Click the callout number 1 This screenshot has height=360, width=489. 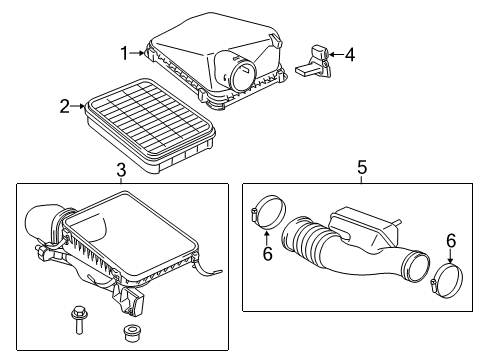coord(125,53)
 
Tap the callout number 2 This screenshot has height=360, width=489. coord(64,105)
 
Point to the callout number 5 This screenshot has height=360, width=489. coord(362,168)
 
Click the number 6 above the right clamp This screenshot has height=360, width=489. coord(450,239)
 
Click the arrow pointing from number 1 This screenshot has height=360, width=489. coord(140,53)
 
